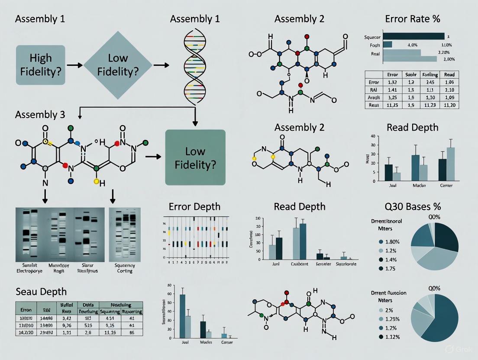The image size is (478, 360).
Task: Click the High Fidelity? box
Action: (x=40, y=65)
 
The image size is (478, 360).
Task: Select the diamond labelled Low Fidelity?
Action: (x=118, y=65)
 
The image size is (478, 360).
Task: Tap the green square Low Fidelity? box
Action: (x=196, y=157)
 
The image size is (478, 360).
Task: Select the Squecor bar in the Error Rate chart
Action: (x=413, y=36)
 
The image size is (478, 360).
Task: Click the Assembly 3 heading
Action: (x=40, y=115)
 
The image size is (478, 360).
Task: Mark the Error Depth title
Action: (x=194, y=206)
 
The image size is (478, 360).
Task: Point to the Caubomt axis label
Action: (x=300, y=264)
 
